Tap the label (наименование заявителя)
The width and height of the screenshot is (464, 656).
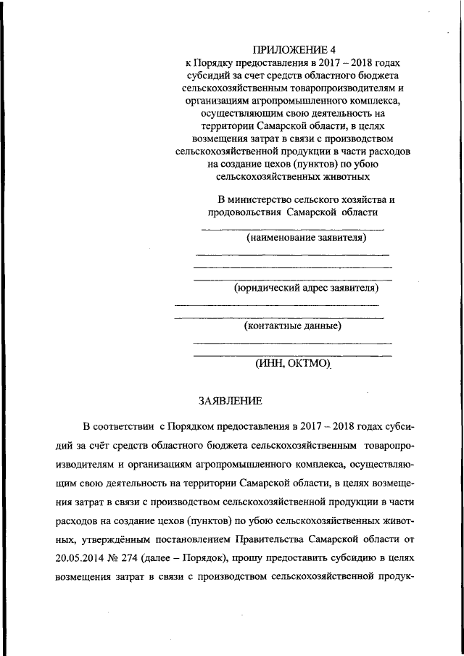tap(306, 237)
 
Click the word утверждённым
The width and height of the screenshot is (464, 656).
tap(130, 538)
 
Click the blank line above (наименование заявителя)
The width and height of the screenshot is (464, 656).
tap(292, 230)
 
